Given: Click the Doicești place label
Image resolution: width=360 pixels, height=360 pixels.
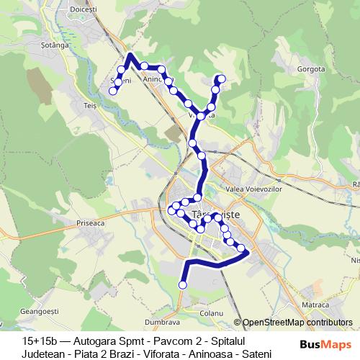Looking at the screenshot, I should pyautogui.click(x=85, y=9).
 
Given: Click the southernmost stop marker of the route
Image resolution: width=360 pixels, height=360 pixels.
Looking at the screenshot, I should pyautogui.click(x=182, y=285).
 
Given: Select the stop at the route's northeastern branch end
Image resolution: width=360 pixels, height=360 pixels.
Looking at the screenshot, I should pyautogui.click(x=221, y=78).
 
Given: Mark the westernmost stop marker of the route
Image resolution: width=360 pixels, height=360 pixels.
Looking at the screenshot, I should pyautogui.click(x=113, y=91).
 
